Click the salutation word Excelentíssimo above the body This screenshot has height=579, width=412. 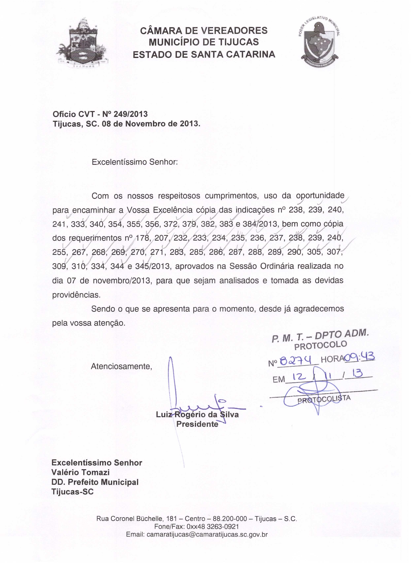pyautogui.click(x=119, y=162)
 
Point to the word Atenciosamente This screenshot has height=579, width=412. pyautogui.click(x=121, y=366)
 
